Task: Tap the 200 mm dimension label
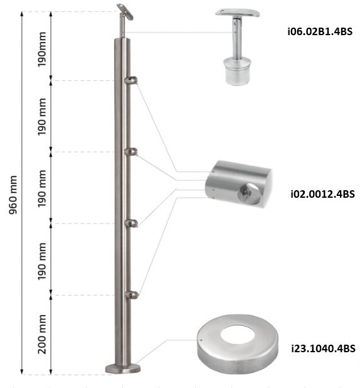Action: [43, 336]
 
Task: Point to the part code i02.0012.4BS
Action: [322, 194]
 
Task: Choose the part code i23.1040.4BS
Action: [322, 348]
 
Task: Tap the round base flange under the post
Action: [123, 368]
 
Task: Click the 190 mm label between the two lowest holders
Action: [43, 260]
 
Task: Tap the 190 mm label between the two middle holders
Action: [43, 188]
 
